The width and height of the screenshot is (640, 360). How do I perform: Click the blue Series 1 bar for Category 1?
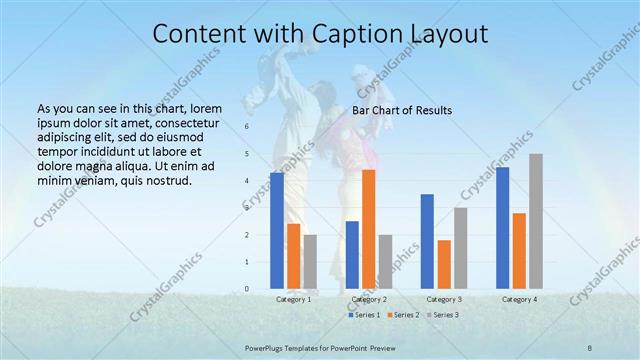276,231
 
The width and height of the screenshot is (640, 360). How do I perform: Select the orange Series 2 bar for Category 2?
368,229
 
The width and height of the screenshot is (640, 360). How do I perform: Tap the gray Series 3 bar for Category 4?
536,221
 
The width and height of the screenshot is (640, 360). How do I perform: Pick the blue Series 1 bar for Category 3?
427,241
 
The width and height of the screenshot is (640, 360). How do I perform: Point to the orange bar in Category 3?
444,264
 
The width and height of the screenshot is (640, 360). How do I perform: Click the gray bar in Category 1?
310,262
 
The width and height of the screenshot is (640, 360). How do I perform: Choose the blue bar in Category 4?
502,228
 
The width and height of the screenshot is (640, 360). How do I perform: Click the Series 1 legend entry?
367,315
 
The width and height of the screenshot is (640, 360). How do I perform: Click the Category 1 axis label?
294,299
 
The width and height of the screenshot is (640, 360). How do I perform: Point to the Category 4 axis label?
519,299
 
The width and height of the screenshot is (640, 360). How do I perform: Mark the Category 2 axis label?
369,299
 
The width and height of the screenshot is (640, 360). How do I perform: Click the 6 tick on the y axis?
246,128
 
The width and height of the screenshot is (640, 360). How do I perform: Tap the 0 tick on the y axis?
246,289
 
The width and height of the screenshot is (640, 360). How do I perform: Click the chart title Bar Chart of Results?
402,110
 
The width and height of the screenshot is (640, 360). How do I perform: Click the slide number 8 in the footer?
589,345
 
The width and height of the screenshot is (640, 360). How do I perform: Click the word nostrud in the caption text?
166,181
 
